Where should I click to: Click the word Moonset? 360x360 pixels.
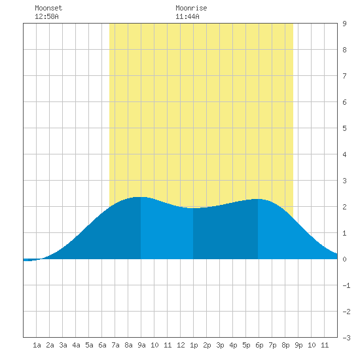(x=48, y=8)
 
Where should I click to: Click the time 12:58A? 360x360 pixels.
(x=46, y=16)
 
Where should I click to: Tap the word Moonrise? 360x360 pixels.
(x=191, y=8)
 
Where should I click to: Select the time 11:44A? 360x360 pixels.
(x=187, y=16)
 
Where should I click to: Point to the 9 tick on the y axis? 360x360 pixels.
(x=344, y=24)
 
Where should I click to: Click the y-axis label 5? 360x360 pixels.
(x=344, y=128)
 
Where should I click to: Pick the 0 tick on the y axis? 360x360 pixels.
(x=344, y=259)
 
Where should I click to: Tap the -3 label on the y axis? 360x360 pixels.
(x=346, y=338)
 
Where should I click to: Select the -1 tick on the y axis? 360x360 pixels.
(x=346, y=285)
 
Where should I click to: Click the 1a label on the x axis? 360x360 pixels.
(x=37, y=345)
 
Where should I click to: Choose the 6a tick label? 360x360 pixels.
(x=102, y=345)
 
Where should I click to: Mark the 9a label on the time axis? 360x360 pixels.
(x=141, y=345)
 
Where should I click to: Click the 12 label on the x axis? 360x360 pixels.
(x=181, y=345)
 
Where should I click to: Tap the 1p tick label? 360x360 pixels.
(x=194, y=345)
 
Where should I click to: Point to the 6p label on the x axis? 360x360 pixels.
(x=259, y=345)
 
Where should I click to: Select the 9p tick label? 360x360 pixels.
(x=298, y=345)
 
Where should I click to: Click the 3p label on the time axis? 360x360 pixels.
(x=220, y=345)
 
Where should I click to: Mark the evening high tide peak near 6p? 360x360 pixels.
(x=258, y=199)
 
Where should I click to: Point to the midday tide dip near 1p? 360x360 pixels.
(x=193, y=208)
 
